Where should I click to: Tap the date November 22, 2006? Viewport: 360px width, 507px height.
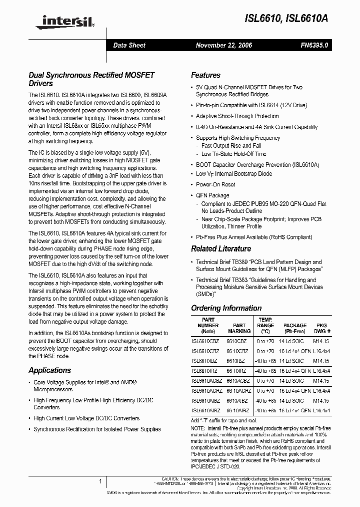[223, 45]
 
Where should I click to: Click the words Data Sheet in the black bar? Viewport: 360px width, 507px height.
[129, 45]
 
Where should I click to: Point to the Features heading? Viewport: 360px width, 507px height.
[205, 75]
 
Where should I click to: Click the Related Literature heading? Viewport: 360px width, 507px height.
[221, 249]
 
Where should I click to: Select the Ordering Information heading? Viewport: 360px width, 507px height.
[226, 308]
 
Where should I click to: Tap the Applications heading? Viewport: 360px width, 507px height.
[49, 370]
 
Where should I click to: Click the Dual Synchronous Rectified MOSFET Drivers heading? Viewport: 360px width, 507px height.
[91, 79]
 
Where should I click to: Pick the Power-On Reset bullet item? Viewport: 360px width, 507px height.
[215, 184]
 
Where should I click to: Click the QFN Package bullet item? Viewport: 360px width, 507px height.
[212, 195]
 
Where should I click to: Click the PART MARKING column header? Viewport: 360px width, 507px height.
[239, 328]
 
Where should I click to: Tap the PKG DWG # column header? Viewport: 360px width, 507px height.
[321, 328]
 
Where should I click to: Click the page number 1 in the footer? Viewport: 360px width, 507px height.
[100, 481]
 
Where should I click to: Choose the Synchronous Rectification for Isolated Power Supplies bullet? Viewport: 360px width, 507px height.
[97, 429]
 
